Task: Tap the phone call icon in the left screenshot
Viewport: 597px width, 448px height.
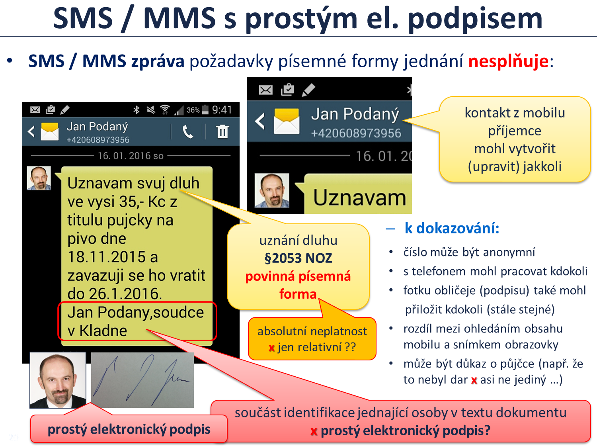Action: click(188, 132)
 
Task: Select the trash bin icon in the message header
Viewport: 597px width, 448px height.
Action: click(222, 131)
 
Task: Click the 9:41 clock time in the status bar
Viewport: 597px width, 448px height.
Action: click(222, 110)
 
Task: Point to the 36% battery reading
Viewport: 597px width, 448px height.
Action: click(193, 110)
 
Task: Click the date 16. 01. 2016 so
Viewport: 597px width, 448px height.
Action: click(131, 156)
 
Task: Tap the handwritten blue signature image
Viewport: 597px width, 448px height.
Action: click(142, 380)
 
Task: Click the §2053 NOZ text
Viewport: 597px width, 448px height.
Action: click(298, 258)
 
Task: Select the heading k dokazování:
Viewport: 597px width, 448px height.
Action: click(452, 228)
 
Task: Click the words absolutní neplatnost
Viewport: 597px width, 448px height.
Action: click(312, 331)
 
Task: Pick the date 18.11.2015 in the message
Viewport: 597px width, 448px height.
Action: click(106, 257)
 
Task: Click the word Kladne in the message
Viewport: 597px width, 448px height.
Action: click(103, 331)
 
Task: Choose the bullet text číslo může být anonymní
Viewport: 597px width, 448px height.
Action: click(469, 252)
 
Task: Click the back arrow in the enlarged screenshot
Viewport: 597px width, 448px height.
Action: click(260, 121)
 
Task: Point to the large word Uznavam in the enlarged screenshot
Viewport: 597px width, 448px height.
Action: click(359, 198)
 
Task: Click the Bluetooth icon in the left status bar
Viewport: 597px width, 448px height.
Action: click(136, 110)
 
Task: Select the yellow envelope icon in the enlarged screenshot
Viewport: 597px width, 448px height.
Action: click(287, 121)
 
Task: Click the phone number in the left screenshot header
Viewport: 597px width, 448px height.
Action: click(98, 140)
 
